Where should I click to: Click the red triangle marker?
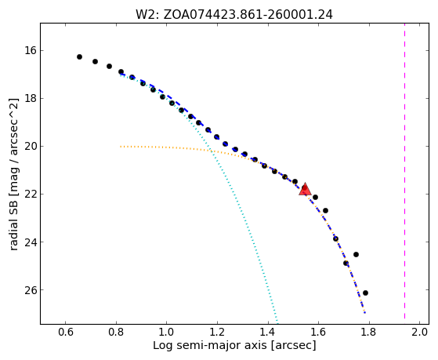305,189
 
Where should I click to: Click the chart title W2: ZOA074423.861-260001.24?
234,14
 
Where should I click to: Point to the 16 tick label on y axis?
31,51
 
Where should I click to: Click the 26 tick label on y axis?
31,290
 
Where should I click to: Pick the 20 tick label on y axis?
31,147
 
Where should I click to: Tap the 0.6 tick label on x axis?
65,332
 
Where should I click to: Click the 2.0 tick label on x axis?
419,332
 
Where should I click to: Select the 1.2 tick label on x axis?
217,332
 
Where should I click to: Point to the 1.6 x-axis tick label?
318,332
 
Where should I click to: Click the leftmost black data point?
79,56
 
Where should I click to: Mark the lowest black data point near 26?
365,293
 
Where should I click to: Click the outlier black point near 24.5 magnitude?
356,254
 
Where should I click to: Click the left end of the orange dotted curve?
121,147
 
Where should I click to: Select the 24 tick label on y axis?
31,242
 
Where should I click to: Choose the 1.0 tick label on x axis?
166,332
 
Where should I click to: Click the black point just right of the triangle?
315,197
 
